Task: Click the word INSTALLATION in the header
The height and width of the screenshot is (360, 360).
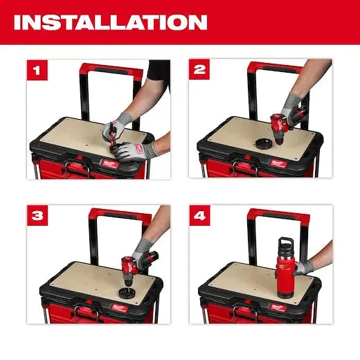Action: click(110, 22)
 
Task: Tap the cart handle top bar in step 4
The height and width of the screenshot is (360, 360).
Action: click(280, 213)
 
